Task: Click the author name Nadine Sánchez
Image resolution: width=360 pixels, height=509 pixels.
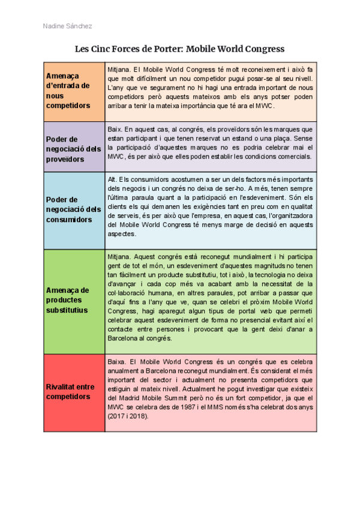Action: click(68, 26)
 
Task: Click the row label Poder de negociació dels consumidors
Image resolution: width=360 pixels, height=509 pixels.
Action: click(73, 209)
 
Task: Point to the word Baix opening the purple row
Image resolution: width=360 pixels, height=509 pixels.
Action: click(115, 129)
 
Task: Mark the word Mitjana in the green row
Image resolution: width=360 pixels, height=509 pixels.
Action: click(118, 255)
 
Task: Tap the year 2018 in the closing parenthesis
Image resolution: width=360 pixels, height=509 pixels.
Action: click(140, 415)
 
